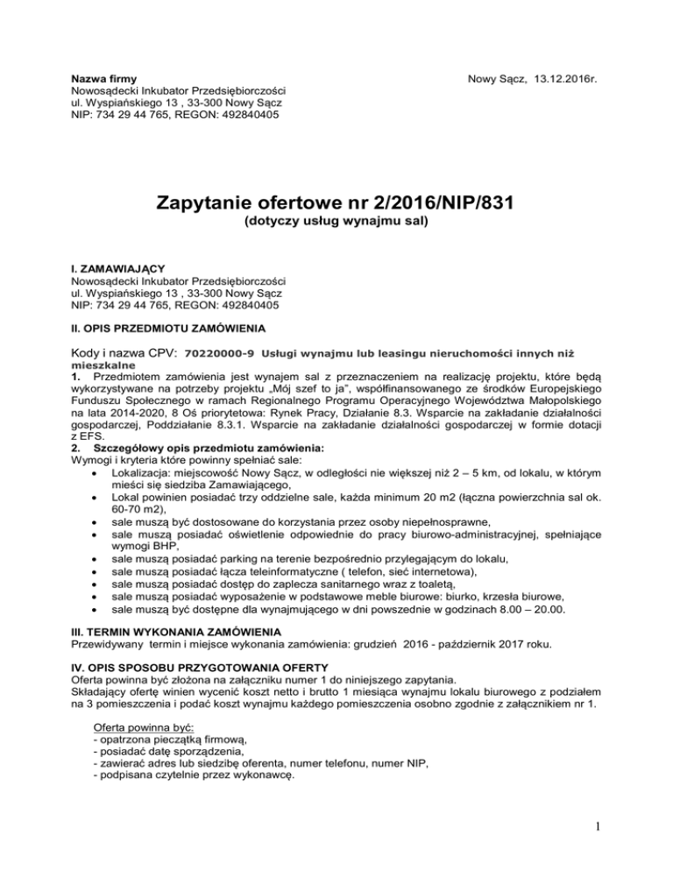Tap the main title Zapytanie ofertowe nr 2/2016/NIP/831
pyautogui.click(x=336, y=205)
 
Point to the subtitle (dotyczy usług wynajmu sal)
pyautogui.click(x=336, y=227)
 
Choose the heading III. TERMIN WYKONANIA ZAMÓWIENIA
pyautogui.click(x=177, y=632)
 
